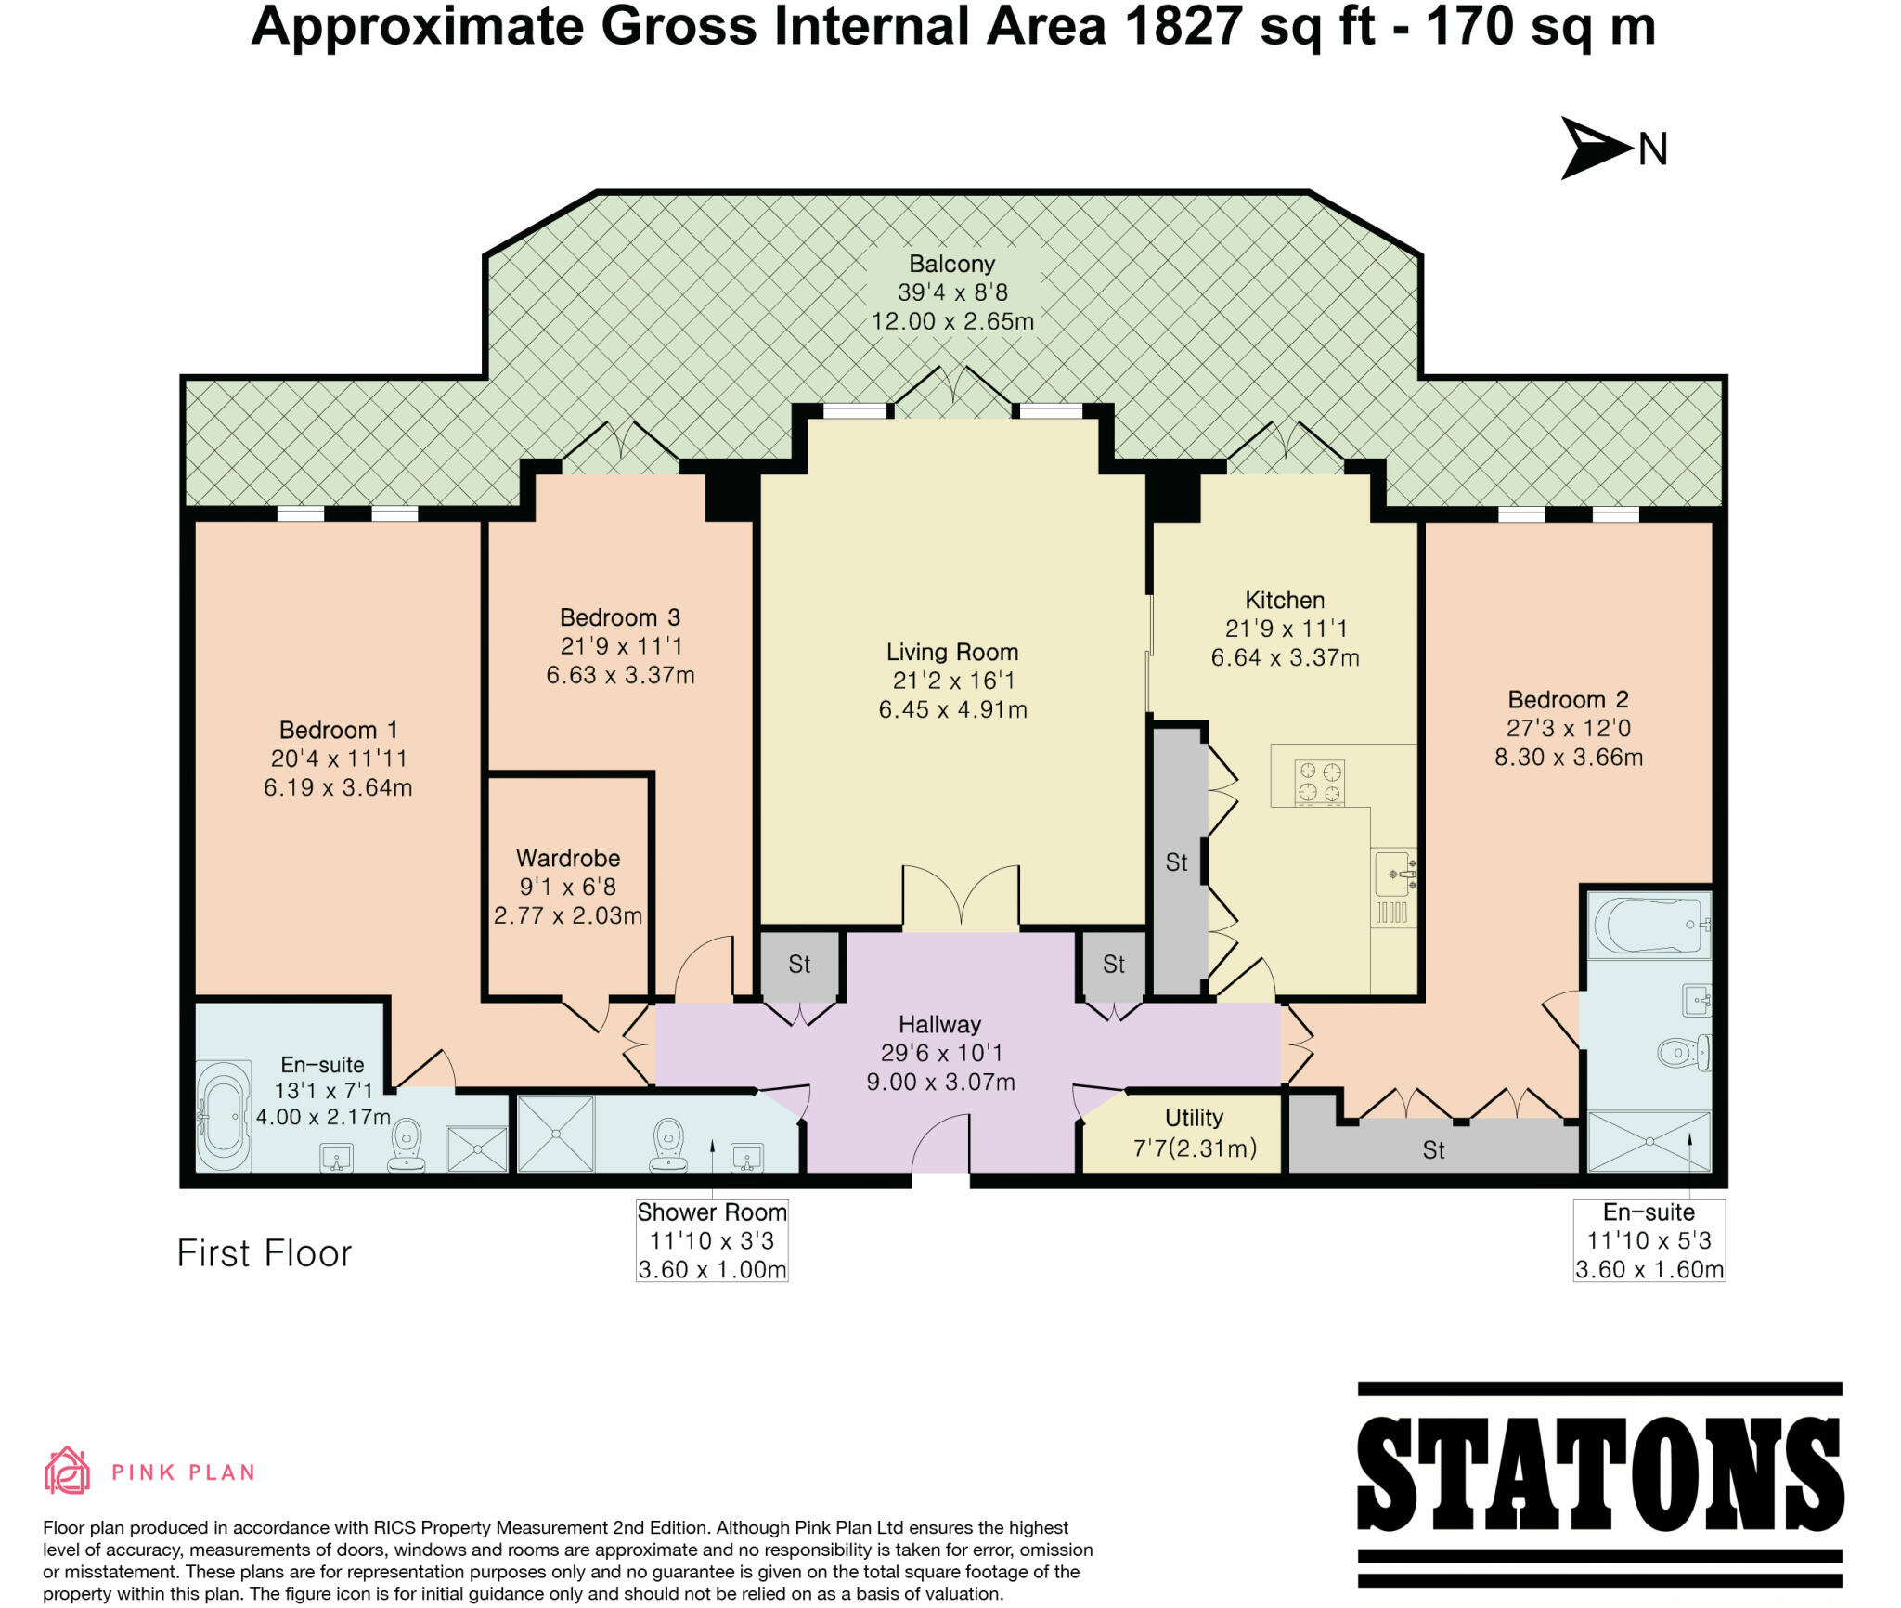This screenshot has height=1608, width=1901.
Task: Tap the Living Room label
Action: (951, 652)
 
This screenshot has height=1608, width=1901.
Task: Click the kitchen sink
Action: (1394, 874)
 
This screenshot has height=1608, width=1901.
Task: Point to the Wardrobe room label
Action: (567, 858)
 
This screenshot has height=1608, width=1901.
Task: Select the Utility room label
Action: (1194, 1117)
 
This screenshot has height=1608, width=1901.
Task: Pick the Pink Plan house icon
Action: (67, 1471)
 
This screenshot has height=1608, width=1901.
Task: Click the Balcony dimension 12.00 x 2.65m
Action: (951, 321)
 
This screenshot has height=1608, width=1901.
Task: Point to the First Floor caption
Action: (265, 1253)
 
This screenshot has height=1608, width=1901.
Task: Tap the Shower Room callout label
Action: (712, 1212)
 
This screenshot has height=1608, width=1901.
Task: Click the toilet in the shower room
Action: (668, 1143)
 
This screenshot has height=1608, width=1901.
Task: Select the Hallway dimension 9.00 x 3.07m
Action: (939, 1082)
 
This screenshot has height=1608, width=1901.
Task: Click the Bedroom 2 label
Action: (1568, 699)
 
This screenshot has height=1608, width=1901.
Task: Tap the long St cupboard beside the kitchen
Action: (1178, 862)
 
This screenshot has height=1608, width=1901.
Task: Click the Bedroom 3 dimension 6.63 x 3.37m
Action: (620, 675)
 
